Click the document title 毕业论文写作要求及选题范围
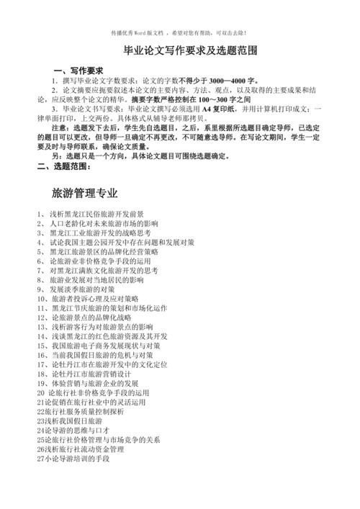pyautogui.click(x=181, y=52)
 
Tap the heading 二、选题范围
pyautogui.click(x=64, y=166)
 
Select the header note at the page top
pyautogui.click(x=179, y=32)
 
